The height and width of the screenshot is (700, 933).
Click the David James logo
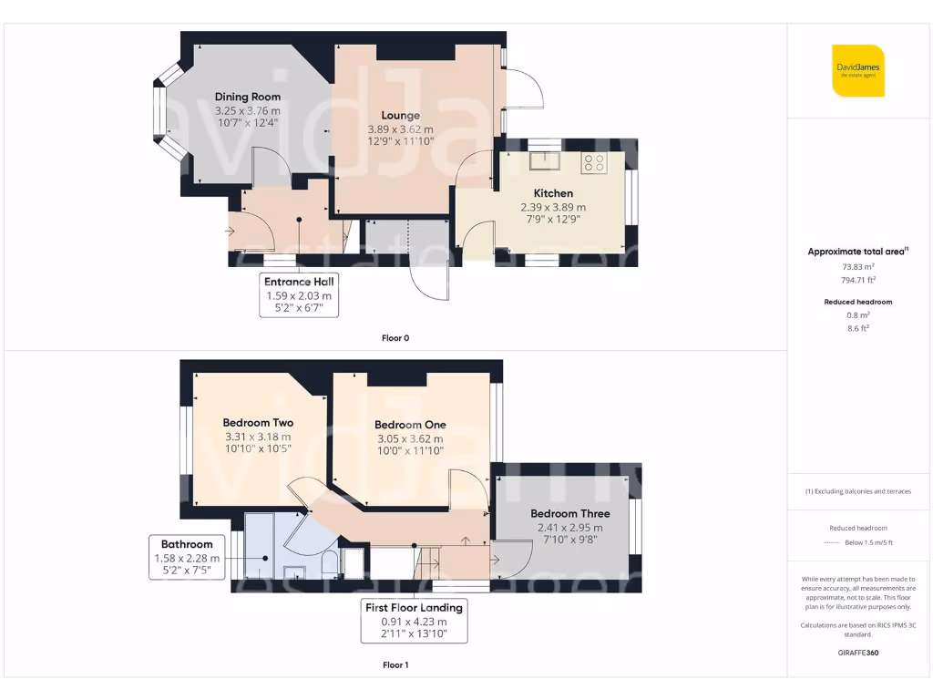click(858, 71)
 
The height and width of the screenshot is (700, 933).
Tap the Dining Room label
click(248, 97)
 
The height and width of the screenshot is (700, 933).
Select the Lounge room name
click(401, 116)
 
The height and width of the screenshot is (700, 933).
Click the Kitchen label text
click(553, 193)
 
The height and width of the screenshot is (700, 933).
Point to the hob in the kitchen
click(594, 163)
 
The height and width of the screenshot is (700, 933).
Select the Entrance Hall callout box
click(299, 295)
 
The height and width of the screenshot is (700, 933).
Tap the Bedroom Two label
click(258, 423)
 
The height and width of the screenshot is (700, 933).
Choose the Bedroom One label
click(410, 425)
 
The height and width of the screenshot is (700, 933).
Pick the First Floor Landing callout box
click(414, 621)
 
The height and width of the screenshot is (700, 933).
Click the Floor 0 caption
click(395, 338)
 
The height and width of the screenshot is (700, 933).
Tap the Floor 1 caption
click(395, 665)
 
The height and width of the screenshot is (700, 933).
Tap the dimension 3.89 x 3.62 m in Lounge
click(401, 129)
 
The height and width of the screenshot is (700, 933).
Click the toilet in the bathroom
click(330, 564)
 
